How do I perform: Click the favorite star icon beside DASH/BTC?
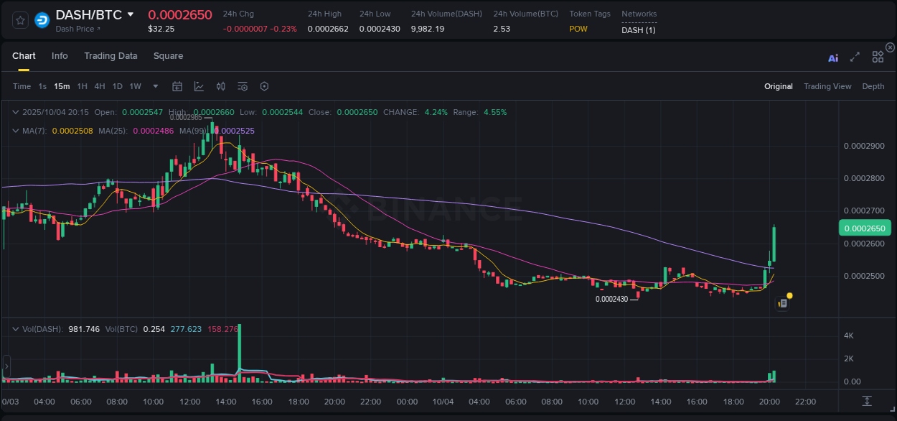[x=21, y=20]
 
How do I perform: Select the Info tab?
[x=60, y=56]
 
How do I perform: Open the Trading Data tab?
[x=111, y=56]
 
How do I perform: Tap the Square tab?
[x=168, y=56]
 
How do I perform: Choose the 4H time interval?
[x=100, y=86]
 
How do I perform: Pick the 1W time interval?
[x=135, y=86]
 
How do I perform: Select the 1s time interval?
[x=42, y=86]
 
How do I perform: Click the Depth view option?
[x=873, y=86]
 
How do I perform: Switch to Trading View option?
[x=827, y=86]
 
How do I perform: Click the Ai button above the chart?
[x=833, y=58]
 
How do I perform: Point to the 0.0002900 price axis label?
[x=864, y=146]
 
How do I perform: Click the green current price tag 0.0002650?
[x=865, y=228]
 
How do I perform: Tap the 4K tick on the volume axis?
[x=848, y=336]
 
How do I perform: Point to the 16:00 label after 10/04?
[x=697, y=402]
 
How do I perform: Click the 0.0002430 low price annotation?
[x=611, y=299]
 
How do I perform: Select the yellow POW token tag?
[x=578, y=29]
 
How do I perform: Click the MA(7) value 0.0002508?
[x=72, y=131]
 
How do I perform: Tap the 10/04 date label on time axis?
[x=443, y=402]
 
